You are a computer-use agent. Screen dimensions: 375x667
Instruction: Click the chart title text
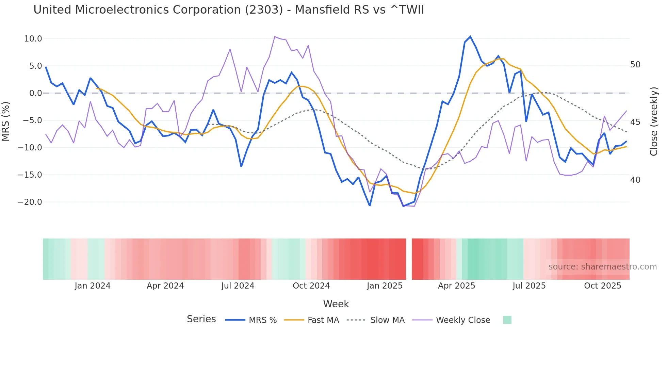229,10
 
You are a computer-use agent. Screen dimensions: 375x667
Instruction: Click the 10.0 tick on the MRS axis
33,39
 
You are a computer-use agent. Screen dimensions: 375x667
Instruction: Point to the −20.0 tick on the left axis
30,202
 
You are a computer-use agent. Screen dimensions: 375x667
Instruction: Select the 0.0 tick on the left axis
36,93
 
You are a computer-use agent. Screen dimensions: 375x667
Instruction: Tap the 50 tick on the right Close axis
635,65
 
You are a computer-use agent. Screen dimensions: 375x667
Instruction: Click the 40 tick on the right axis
635,180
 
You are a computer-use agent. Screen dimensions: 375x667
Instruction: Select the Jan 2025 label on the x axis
385,286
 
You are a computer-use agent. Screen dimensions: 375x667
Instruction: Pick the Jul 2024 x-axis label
238,286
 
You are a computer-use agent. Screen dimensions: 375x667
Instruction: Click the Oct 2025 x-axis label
602,286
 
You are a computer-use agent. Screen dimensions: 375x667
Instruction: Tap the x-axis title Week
336,304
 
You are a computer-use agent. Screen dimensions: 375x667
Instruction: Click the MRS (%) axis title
6,121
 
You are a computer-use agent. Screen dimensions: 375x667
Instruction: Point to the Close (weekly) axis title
653,121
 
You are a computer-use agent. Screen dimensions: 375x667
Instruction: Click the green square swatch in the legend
507,320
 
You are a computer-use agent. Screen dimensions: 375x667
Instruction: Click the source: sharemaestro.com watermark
602,267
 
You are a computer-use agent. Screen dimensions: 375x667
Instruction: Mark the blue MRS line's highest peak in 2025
470,36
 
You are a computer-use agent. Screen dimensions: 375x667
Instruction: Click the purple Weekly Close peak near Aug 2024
275,36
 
